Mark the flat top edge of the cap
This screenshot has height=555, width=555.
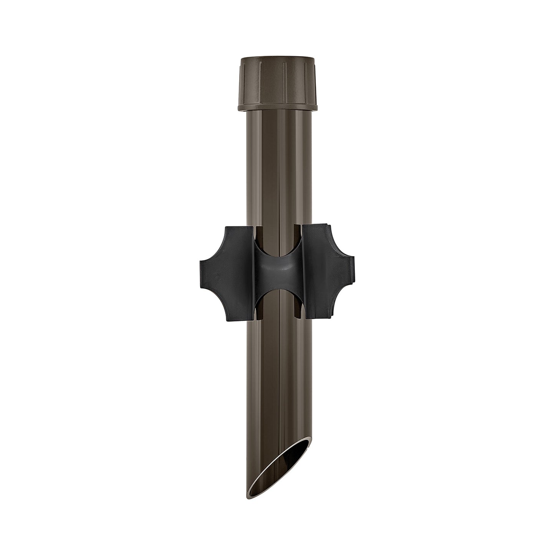[277, 58]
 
